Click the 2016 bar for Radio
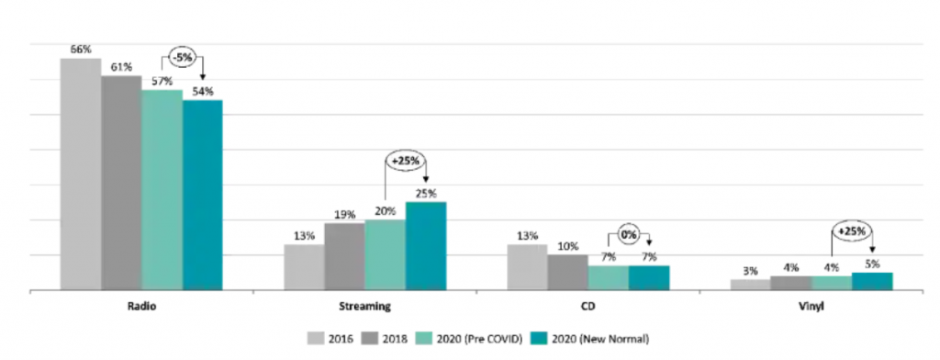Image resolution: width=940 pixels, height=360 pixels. [81, 174]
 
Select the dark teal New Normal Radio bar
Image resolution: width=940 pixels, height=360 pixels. [203, 195]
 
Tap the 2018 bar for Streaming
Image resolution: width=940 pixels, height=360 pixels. [345, 257]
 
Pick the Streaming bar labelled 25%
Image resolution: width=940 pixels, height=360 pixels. [426, 246]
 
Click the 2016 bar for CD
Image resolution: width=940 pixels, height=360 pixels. [528, 267]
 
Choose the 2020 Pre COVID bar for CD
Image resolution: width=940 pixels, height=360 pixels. [609, 277]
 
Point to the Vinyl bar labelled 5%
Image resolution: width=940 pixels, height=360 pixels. [872, 281]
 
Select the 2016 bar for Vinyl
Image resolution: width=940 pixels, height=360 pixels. [751, 285]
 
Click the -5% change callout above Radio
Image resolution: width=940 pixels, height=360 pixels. [184, 59]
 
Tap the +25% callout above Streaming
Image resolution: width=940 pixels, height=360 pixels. [406, 162]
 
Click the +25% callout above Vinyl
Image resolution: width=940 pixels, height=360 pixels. [852, 231]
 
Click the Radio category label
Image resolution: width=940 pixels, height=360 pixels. [141, 306]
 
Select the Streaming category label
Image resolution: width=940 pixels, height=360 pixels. [365, 306]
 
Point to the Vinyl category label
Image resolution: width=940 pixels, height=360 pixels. [811, 306]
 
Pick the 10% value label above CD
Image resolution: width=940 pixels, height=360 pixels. [567, 246]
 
